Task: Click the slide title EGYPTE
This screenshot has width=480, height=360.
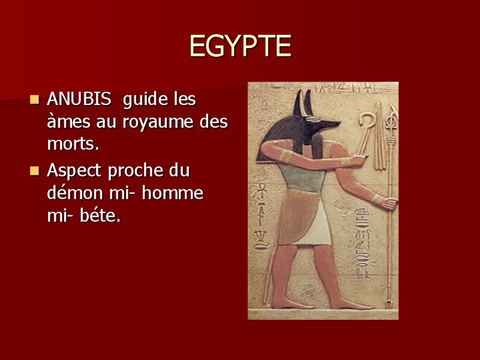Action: coord(241,46)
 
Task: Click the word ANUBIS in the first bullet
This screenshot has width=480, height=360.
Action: coord(79,99)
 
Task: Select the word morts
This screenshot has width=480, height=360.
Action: coord(73,143)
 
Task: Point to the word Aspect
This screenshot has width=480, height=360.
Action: coord(74,171)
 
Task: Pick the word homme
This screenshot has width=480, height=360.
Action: coord(173,193)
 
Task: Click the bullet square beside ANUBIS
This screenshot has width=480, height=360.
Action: coord(35,100)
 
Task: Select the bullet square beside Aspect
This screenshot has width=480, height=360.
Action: coord(35,171)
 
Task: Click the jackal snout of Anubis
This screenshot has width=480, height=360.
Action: coord(329,124)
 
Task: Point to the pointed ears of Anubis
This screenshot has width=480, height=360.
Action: coord(303,103)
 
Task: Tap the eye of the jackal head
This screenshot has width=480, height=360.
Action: coord(313,119)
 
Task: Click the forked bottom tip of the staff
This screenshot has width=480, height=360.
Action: coord(389,305)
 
